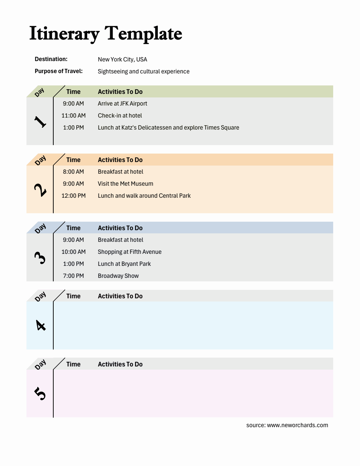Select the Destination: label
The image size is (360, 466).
tap(51, 59)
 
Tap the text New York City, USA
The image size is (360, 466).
tap(122, 59)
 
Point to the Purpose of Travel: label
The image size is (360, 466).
tap(59, 71)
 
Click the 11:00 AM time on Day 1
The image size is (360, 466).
tap(73, 115)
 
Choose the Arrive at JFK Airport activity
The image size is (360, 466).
tap(122, 103)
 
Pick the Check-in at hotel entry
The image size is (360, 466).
tap(120, 115)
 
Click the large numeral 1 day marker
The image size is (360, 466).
tap(40, 121)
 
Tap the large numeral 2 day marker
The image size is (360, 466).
tap(40, 190)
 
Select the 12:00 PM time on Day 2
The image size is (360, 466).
tap(73, 196)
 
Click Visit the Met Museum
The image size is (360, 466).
tap(125, 184)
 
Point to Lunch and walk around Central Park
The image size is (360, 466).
tap(144, 196)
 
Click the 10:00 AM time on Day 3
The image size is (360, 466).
tap(73, 252)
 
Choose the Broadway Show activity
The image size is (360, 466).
tap(118, 276)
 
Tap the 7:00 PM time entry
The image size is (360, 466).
tap(73, 276)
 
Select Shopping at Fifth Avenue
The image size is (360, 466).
tap(130, 252)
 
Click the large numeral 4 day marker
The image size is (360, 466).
tap(41, 325)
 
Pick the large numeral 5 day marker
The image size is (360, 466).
tap(40, 393)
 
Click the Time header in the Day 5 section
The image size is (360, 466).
tap(73, 364)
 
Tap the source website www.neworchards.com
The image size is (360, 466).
tap(298, 425)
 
